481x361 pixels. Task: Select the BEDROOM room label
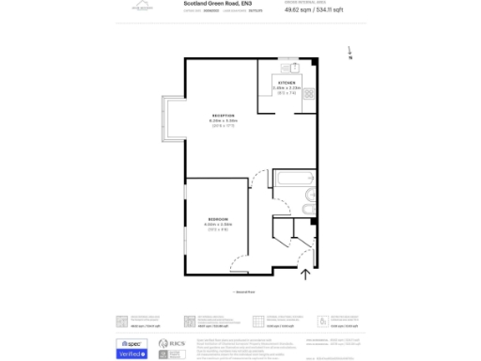point(218,219)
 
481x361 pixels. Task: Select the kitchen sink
point(293,67)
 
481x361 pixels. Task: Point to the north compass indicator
point(349,54)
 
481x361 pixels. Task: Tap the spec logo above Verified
point(130,343)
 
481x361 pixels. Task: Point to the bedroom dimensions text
point(218,225)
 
